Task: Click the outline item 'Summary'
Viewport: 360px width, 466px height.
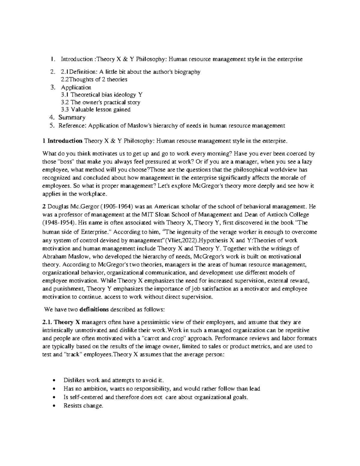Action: coord(72,117)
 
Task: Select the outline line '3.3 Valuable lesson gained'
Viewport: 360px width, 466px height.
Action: coord(96,110)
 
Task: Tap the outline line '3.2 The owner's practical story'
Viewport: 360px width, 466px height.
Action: coord(100,102)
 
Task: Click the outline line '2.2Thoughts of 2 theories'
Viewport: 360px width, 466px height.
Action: coord(94,80)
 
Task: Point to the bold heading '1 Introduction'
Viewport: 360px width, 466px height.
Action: coord(62,141)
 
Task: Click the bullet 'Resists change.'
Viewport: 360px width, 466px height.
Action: coord(83,406)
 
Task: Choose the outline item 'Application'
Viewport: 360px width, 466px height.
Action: coord(76,88)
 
